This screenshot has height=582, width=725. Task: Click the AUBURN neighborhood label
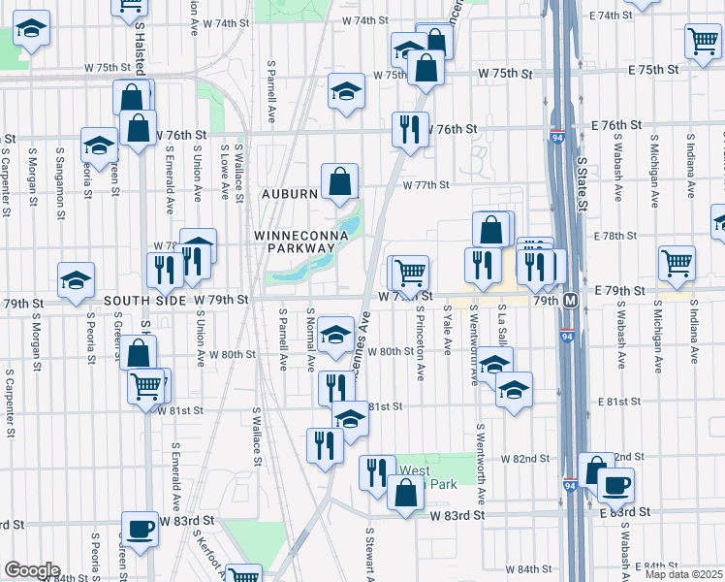(292, 194)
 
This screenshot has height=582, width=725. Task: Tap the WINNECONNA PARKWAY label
(295, 242)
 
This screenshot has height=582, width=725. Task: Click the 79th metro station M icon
(571, 302)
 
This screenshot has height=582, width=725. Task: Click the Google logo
(31, 570)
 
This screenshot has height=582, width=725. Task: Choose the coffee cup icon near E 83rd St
(615, 484)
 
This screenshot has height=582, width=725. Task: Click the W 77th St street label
(427, 184)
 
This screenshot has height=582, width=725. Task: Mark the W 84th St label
(527, 568)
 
